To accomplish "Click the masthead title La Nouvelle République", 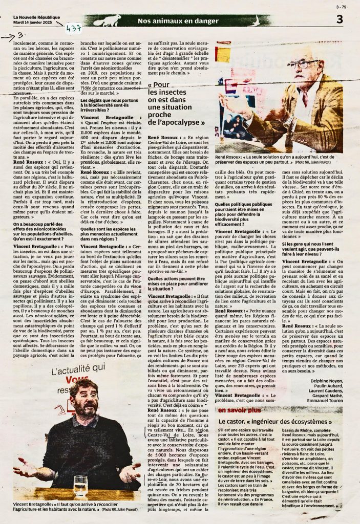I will tap(36, 17).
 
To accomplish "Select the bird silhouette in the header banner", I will tap(107, 20).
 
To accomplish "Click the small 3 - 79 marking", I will tap(341, 7).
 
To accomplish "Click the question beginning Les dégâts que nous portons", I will tap(111, 103).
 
